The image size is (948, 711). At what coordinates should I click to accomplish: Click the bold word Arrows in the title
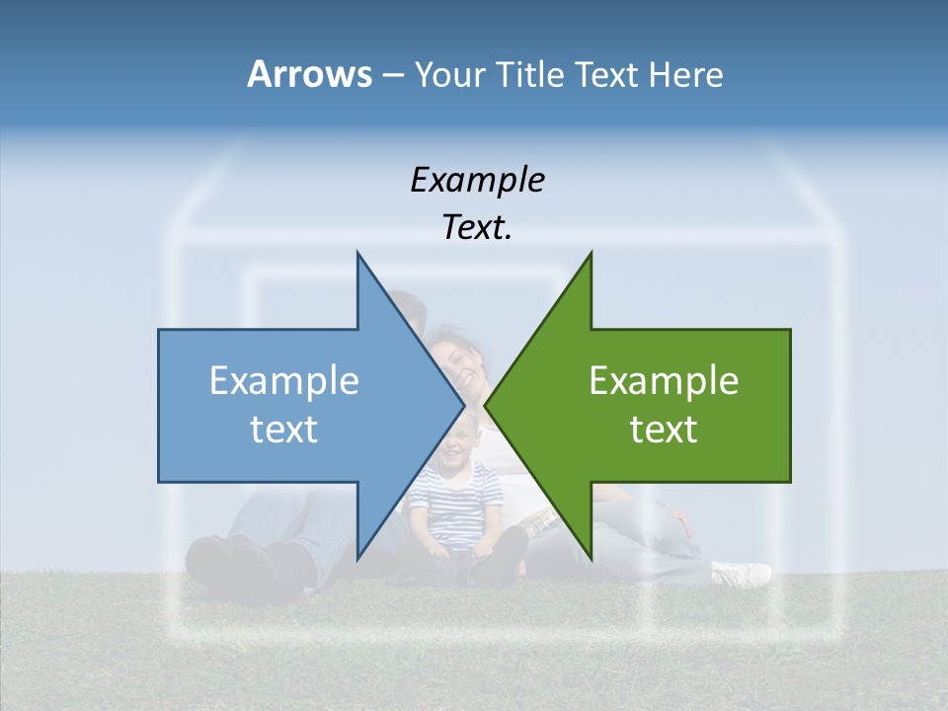tap(309, 74)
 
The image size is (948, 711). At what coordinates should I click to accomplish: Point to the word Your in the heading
tap(447, 74)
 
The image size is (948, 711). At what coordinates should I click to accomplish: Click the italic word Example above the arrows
tap(477, 180)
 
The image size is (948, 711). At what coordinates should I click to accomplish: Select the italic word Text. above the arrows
tap(477, 228)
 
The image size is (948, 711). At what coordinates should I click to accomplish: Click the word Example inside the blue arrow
tap(283, 380)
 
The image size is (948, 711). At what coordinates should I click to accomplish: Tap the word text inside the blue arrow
tap(283, 429)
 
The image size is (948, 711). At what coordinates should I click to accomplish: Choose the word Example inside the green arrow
tap(664, 380)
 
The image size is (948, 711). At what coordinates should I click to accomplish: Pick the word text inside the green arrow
tap(664, 429)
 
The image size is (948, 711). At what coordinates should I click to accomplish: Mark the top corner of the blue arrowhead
tap(357, 254)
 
